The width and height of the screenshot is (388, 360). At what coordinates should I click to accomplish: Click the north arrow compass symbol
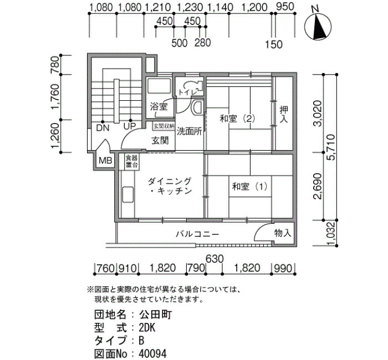[x=318, y=26]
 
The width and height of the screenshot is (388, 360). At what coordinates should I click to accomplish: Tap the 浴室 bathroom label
[x=159, y=106]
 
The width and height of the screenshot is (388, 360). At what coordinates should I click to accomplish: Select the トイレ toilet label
[x=187, y=92]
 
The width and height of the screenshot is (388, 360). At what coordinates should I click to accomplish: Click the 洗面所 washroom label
[x=190, y=131]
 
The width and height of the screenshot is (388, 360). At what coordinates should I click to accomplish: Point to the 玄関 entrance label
[x=160, y=141]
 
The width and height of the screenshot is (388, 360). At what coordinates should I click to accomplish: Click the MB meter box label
[x=105, y=161]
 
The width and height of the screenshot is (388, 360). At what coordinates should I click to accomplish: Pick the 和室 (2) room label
[x=237, y=119]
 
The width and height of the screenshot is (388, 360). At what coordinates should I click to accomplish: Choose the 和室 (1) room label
[x=249, y=186]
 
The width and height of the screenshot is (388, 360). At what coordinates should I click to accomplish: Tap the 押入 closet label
[x=284, y=114]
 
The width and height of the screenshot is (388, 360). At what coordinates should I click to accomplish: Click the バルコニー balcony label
[x=197, y=234]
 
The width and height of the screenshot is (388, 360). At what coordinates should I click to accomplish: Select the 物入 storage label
[x=283, y=233]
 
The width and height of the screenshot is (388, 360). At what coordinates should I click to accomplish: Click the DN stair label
[x=103, y=128]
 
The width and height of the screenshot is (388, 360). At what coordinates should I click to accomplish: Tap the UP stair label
[x=130, y=127]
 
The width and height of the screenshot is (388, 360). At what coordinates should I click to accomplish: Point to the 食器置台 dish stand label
[x=131, y=161]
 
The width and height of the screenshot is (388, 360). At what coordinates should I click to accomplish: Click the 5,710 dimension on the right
[x=331, y=147]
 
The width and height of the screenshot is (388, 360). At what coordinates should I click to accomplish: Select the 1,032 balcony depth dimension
[x=331, y=234]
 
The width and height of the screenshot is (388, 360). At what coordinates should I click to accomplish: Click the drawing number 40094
[x=152, y=353]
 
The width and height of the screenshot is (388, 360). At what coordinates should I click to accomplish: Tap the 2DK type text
[x=147, y=328]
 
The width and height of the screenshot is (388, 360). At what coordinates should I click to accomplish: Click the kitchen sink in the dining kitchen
[x=127, y=195]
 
